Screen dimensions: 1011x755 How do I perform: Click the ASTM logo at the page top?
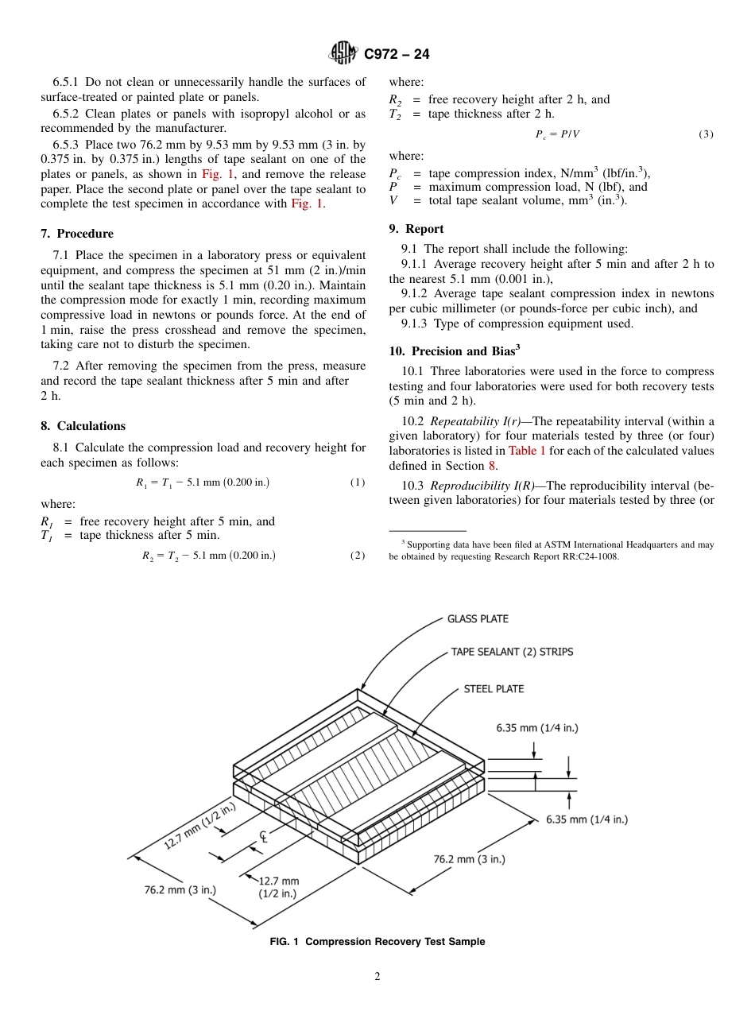point(344,53)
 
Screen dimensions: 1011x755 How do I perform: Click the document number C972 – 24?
point(397,54)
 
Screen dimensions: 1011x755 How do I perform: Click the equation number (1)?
point(358,482)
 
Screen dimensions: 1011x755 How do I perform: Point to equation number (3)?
point(706,134)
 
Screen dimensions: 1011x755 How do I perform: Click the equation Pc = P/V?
point(557,134)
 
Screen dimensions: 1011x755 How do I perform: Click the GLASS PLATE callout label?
point(478,618)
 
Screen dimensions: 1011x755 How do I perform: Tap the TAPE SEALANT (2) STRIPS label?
point(512,652)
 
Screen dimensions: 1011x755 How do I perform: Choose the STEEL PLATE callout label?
point(494,689)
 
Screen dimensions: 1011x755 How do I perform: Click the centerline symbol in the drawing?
point(264,836)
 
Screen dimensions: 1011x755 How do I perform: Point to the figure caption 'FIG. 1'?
point(284,942)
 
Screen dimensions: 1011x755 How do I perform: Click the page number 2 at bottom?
point(377,977)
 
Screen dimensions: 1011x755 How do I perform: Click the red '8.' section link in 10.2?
point(493,466)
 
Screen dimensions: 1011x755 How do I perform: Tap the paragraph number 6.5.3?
point(68,145)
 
